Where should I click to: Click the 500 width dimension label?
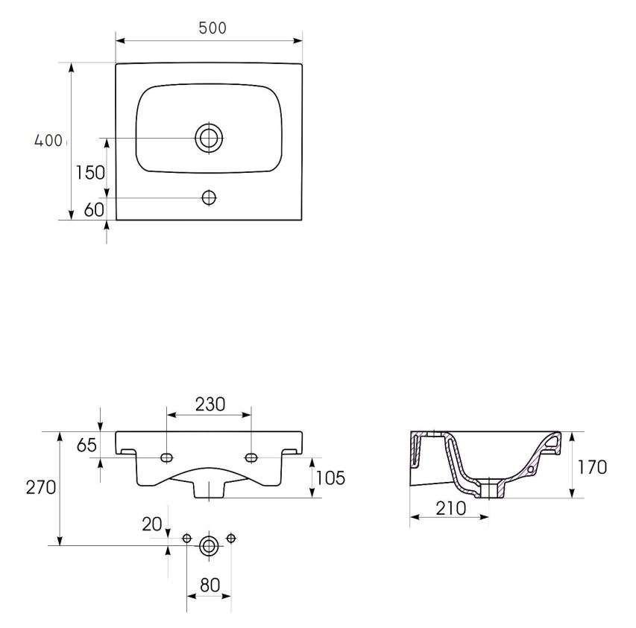point(212,28)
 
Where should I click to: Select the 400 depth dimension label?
point(48,141)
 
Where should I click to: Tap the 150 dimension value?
point(90,173)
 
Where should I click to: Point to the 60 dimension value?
point(94,210)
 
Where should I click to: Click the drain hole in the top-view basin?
point(209,138)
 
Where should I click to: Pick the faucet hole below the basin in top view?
point(209,197)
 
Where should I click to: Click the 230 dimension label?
point(210,404)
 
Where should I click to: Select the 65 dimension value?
point(86,445)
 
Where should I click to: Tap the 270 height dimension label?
point(41,487)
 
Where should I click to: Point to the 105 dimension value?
point(330,478)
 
